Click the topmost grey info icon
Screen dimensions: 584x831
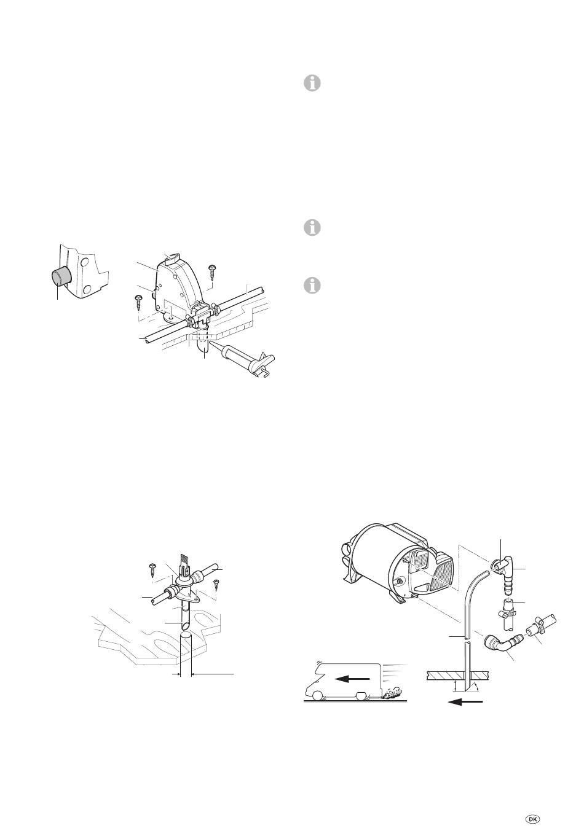(x=312, y=84)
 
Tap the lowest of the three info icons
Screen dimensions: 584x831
(x=312, y=286)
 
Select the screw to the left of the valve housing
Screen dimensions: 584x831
(x=139, y=303)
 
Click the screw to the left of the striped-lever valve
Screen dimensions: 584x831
(x=152, y=569)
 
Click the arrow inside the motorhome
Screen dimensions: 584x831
(x=352, y=679)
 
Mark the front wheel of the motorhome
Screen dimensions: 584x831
(x=318, y=697)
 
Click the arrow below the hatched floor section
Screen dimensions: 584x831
(x=465, y=701)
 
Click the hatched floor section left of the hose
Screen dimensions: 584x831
(x=443, y=674)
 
